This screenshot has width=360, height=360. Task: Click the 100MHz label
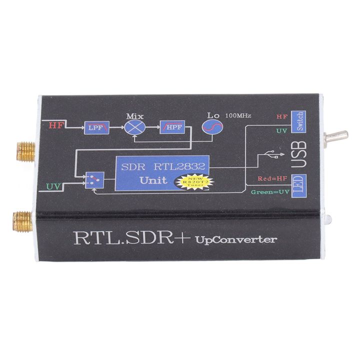tap(238, 116)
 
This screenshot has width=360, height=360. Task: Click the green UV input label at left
tap(54, 187)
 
